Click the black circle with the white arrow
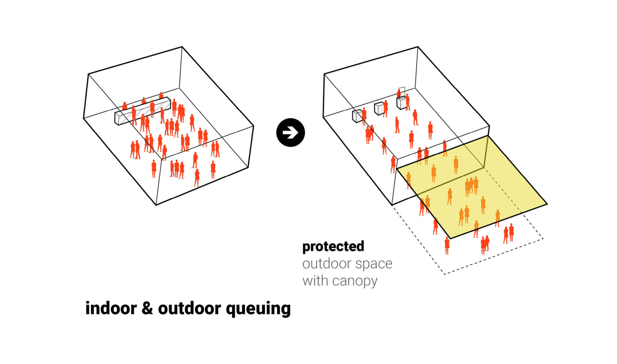coord(290,133)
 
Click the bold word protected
coord(333,246)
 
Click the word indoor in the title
coord(111,308)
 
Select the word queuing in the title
coord(258,309)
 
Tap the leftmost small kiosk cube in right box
coord(357,116)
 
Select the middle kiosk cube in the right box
coord(379,108)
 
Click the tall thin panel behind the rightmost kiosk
coord(402,92)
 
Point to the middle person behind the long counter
coord(144,100)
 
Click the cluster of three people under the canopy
coord(471,186)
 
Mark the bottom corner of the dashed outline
coord(444,274)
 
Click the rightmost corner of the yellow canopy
coord(547,204)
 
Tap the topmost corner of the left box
coord(182,47)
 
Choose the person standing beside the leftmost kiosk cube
coord(364,116)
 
